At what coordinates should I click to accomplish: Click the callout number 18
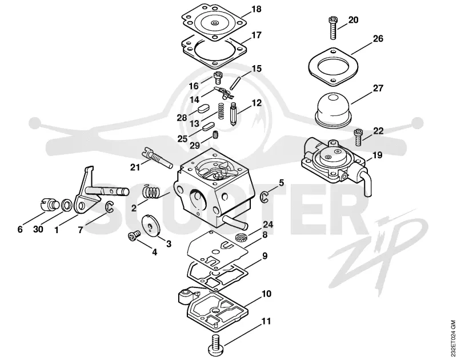pos(256,9)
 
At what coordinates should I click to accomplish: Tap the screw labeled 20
pos(333,28)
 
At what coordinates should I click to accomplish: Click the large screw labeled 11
pos(222,342)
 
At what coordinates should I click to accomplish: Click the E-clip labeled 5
pos(264,197)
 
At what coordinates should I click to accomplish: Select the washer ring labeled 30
pos(67,205)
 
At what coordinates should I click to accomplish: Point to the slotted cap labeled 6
pos(49,203)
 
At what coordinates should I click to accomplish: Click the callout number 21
pos(135,167)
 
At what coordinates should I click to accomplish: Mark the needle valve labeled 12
pos(234,114)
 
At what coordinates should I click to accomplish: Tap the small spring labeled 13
pos(222,111)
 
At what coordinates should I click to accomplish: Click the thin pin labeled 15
pos(234,83)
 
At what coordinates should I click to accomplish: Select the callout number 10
pos(267,293)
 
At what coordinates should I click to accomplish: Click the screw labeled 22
pos(358,138)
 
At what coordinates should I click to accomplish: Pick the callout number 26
pos(378,38)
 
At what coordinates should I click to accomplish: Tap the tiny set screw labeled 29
pos(215,135)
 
